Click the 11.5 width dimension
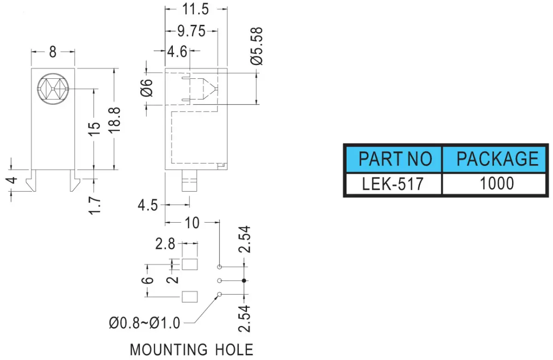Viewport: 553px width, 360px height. click(195, 9)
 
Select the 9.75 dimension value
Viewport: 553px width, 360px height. click(191, 31)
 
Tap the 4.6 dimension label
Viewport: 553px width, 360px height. click(177, 52)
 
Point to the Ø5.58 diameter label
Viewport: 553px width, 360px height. click(257, 46)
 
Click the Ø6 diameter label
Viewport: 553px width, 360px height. click(147, 88)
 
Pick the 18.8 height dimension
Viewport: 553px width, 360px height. click(115, 120)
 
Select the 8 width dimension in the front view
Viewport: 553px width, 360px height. click(53, 52)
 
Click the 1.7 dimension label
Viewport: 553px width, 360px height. click(95, 206)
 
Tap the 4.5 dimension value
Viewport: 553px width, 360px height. click(147, 206)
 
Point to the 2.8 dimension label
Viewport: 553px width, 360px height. click(165, 244)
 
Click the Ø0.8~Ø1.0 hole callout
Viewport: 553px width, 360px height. click(145, 323)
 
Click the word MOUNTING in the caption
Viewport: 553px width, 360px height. click(169, 350)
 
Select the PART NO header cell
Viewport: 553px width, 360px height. click(394, 159)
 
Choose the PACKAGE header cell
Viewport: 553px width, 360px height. click(494, 159)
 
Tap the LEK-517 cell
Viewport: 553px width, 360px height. click(394, 184)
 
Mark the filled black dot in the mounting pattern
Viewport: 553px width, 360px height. click(244, 281)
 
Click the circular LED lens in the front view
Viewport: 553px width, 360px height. click(53, 89)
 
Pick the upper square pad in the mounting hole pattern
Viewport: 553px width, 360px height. click(189, 265)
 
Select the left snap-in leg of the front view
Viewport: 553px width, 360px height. click(32, 181)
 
